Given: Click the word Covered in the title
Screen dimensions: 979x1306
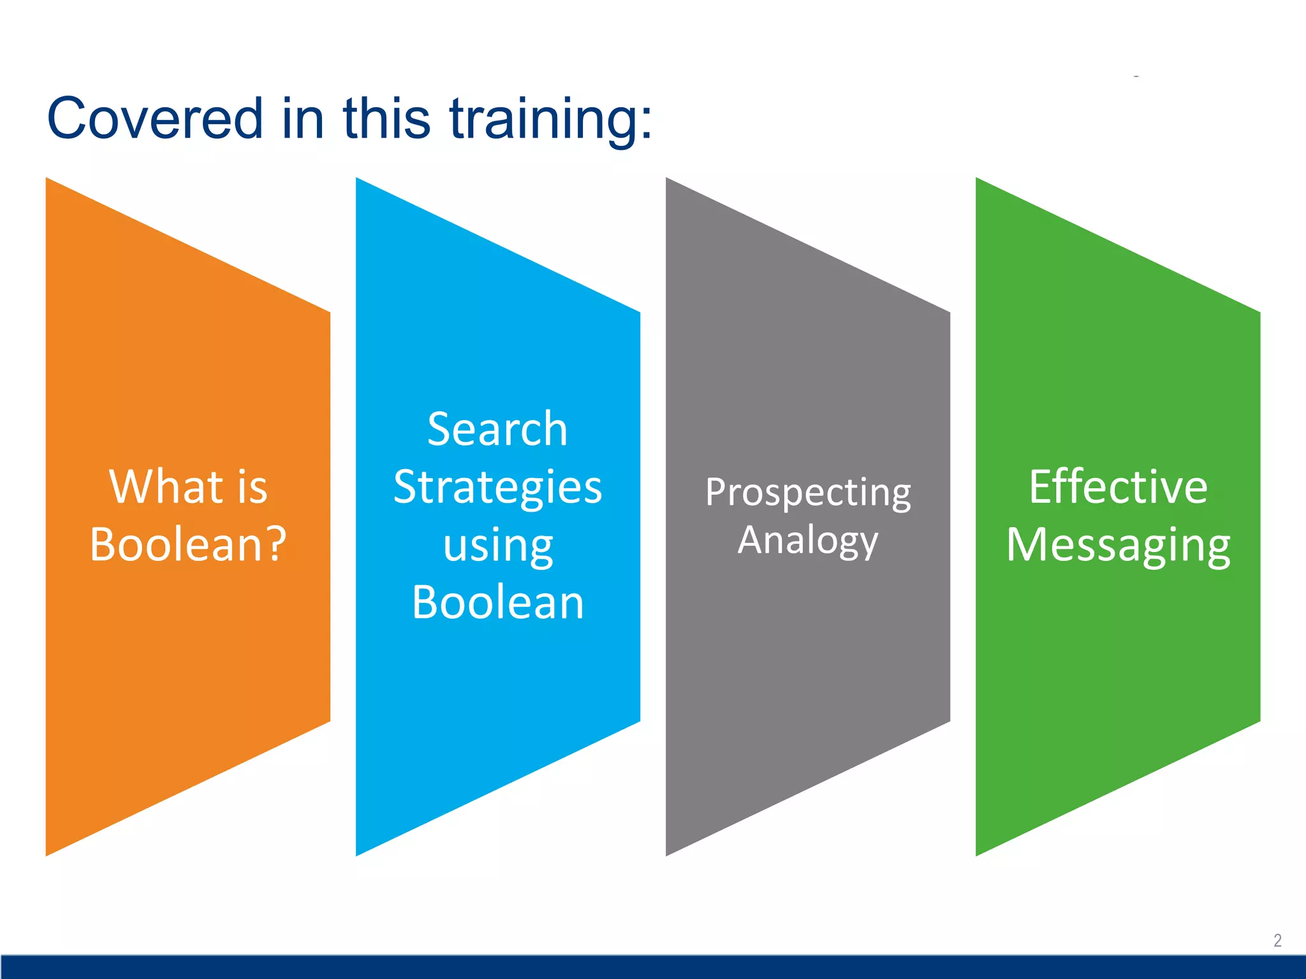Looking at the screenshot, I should tap(155, 119).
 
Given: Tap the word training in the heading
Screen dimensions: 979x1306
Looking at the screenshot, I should tap(543, 119).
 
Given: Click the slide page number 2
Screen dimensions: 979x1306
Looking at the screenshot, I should tap(1277, 941).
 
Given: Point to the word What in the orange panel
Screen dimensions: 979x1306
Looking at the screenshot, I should tap(166, 487).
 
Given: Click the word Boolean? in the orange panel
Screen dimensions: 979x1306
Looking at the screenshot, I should tap(188, 545).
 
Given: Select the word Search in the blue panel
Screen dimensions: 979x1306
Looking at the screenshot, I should tap(497, 429).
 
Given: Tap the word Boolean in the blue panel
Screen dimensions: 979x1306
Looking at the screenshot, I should tap(497, 602).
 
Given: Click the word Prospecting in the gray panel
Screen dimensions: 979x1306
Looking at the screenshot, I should tap(808, 493).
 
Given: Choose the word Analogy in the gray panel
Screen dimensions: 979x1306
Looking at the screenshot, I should tap(808, 541).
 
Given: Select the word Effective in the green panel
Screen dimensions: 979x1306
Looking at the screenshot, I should tap(1118, 487).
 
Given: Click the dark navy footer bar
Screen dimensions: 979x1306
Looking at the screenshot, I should tap(653, 967).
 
